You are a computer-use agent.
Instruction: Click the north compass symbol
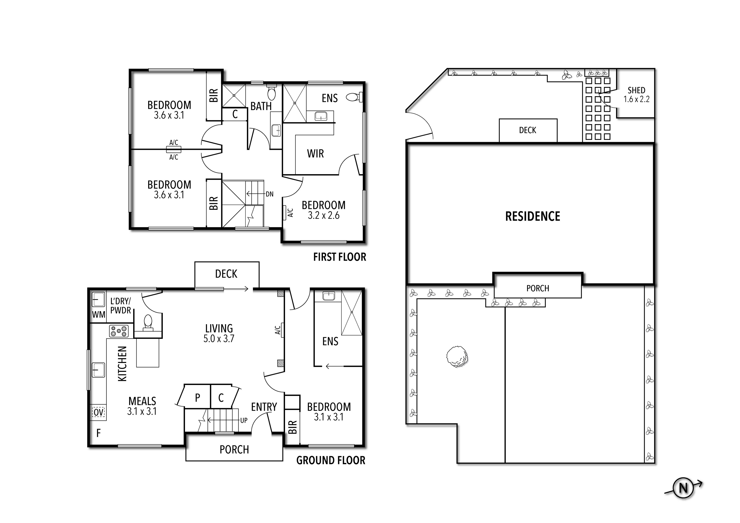[683, 488]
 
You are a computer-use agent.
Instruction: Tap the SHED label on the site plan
[636, 90]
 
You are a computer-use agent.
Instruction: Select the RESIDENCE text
[532, 216]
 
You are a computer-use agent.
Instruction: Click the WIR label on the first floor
[315, 154]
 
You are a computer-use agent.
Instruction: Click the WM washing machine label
[99, 314]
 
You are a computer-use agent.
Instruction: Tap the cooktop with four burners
[119, 331]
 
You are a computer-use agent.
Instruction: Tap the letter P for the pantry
[198, 398]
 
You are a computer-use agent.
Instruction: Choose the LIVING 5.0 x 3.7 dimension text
[219, 339]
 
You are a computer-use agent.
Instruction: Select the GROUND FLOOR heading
[331, 461]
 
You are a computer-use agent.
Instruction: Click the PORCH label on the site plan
[538, 288]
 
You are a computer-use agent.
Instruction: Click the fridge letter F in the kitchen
[99, 433]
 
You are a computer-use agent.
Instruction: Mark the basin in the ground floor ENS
[328, 296]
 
